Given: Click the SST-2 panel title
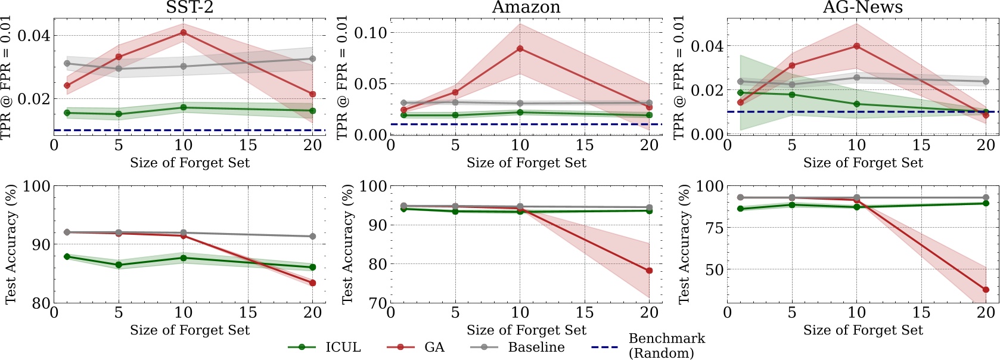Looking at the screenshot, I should pyautogui.click(x=190, y=8).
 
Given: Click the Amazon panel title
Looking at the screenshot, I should pyautogui.click(x=526, y=8).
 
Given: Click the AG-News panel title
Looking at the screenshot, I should pyautogui.click(x=862, y=8).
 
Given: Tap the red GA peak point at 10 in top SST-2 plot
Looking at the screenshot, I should pyautogui.click(x=184, y=32).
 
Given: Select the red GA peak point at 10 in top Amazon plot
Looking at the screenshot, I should pyautogui.click(x=520, y=48).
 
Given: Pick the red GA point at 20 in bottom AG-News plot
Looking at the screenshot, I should pyautogui.click(x=986, y=290).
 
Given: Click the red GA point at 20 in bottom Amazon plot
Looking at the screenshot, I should pyautogui.click(x=649, y=271).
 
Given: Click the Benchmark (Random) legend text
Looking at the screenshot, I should pyautogui.click(x=666, y=346).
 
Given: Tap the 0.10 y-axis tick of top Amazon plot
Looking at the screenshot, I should pyautogui.click(x=370, y=33).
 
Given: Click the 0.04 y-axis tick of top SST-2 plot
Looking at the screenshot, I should pyautogui.click(x=33, y=36).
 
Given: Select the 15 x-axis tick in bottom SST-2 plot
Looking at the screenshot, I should pyautogui.click(x=248, y=312).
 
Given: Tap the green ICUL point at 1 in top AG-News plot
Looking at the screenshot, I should pyautogui.click(x=741, y=92).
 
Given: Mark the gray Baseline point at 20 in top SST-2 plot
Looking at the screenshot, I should pyautogui.click(x=313, y=58).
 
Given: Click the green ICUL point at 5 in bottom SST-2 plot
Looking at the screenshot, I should pyautogui.click(x=119, y=265).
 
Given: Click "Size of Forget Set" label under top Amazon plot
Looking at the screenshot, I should pyautogui.click(x=526, y=163).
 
